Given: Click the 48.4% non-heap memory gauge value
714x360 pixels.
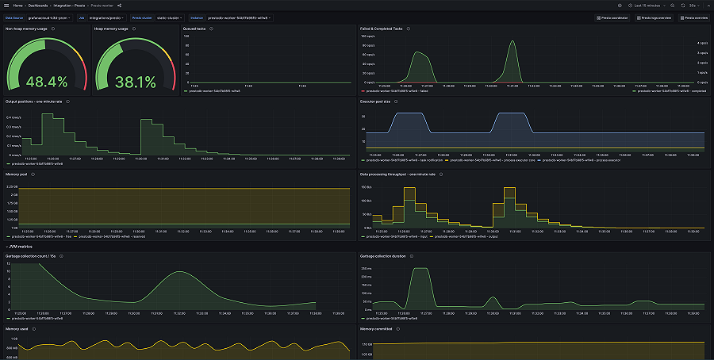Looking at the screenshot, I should pos(47,82).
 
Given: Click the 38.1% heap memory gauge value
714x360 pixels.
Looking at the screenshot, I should pos(136,82).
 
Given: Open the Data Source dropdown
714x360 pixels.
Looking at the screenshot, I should pos(48,17).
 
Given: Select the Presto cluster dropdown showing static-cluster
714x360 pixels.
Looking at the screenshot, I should pos(170,17).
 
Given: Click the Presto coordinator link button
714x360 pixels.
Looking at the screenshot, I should pos(613,17).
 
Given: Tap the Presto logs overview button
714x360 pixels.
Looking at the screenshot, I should pos(654,17).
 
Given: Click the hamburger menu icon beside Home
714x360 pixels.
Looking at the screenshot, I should pos(6,6).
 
